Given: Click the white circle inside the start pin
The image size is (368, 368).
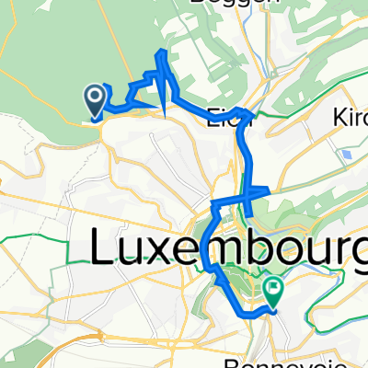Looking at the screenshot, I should point(95,95).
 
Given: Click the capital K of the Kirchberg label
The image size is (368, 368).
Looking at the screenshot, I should point(336,118).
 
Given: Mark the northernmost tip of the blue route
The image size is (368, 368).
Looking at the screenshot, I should point(164,52).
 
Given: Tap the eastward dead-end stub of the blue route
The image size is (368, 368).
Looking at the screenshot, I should point(267,190).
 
